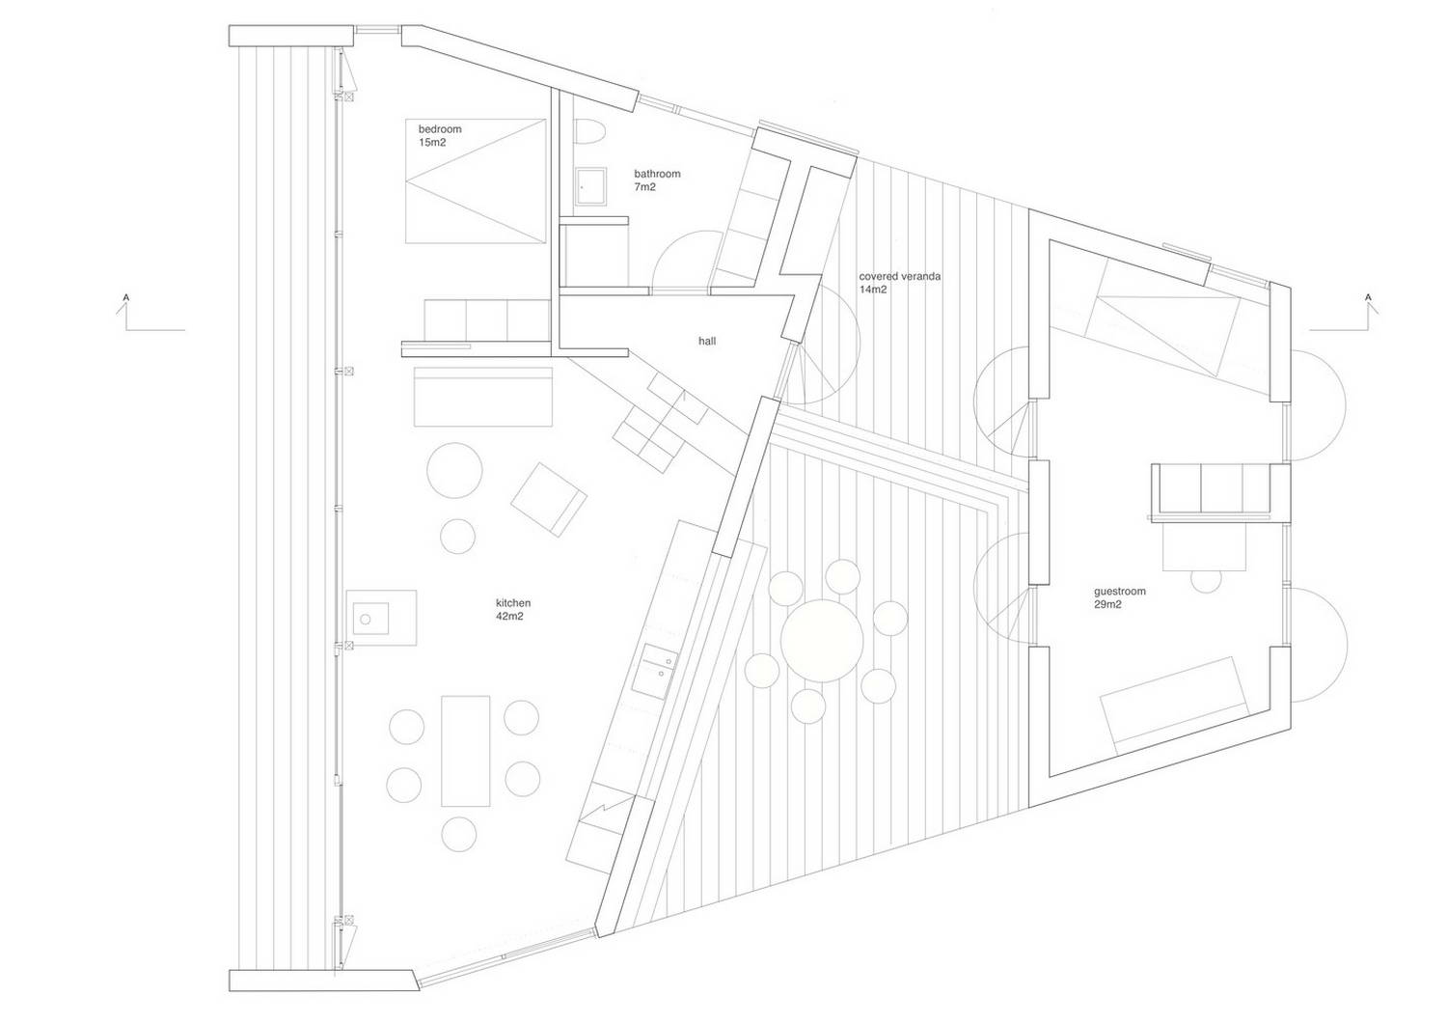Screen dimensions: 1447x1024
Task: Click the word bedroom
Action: click(440, 129)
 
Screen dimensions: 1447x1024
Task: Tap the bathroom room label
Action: click(657, 174)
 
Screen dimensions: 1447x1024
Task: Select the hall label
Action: click(707, 341)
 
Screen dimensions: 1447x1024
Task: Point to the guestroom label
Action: click(1119, 591)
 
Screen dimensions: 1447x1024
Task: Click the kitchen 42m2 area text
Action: click(513, 610)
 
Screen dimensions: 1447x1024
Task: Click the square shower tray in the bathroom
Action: click(591, 187)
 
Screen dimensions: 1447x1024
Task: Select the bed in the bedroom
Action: click(477, 181)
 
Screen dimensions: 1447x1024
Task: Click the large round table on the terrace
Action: click(822, 641)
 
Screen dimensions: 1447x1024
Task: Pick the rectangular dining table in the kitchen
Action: click(465, 751)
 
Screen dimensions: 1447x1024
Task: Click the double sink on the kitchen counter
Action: click(654, 671)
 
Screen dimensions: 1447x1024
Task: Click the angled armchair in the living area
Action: click(549, 500)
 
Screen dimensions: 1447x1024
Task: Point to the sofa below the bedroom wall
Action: click(483, 397)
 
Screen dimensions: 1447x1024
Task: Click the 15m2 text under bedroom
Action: click(432, 142)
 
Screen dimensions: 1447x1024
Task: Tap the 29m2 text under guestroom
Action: click(1107, 604)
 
